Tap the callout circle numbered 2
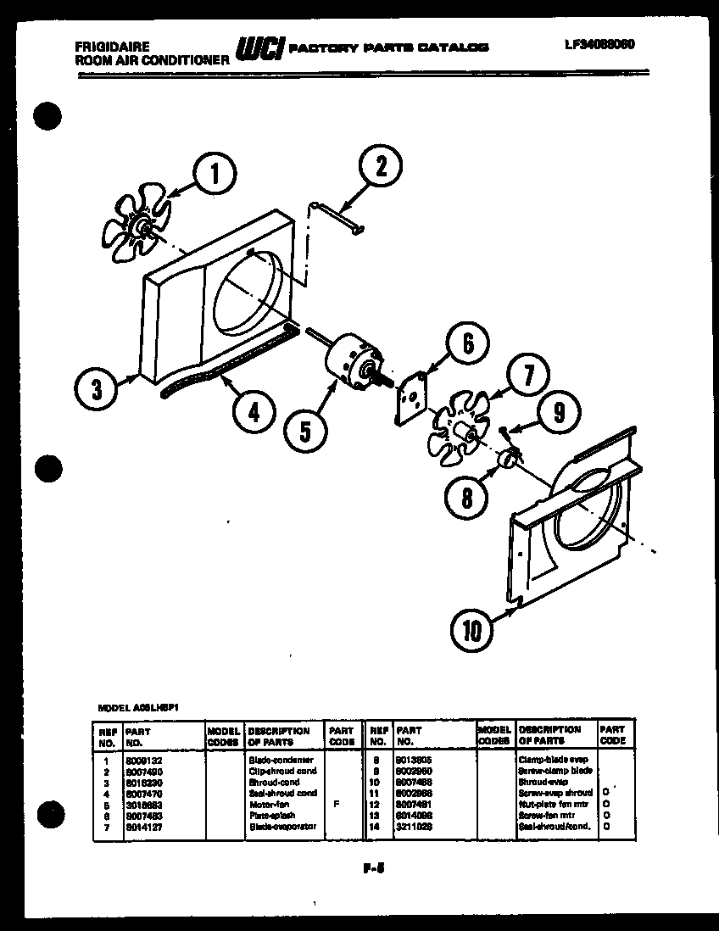point(381,167)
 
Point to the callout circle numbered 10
point(471,629)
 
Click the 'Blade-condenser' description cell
point(281,760)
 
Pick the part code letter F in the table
point(338,802)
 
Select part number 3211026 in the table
point(414,824)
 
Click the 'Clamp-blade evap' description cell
point(553,760)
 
